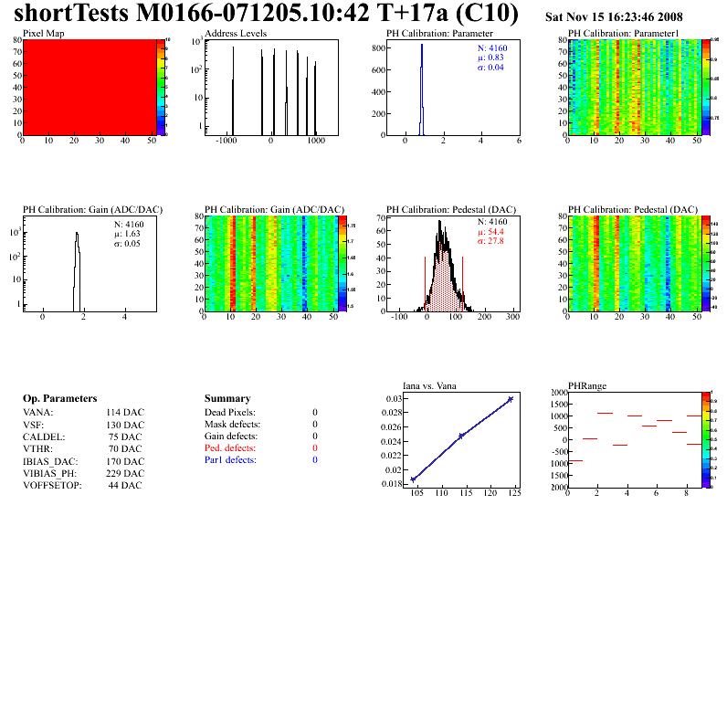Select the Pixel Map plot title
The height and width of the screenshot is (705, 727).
[x=43, y=34]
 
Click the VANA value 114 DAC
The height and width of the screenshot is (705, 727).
[x=125, y=413]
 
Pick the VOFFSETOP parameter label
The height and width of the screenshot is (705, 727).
[x=52, y=485]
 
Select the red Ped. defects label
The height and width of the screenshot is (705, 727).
[x=230, y=448]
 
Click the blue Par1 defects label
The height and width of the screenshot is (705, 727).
[x=230, y=460]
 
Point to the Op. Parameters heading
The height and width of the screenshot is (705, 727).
[x=59, y=399]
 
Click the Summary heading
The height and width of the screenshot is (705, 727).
[x=227, y=399]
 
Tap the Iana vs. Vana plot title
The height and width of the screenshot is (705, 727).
[x=435, y=385]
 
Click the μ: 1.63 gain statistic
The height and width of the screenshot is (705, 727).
[x=126, y=234]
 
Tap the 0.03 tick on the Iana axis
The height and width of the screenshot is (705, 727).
[x=393, y=399]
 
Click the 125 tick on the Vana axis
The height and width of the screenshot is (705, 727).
[x=514, y=494]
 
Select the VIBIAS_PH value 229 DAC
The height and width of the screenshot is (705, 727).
[x=125, y=473]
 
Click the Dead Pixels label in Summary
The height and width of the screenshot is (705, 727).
[x=230, y=413]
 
